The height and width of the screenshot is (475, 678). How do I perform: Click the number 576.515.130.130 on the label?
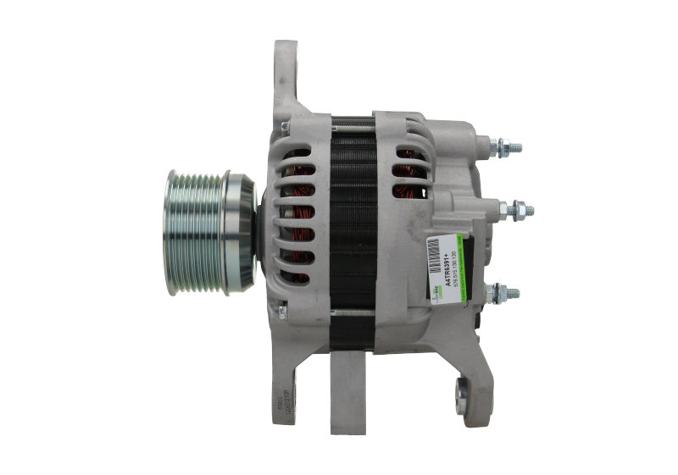454,268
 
